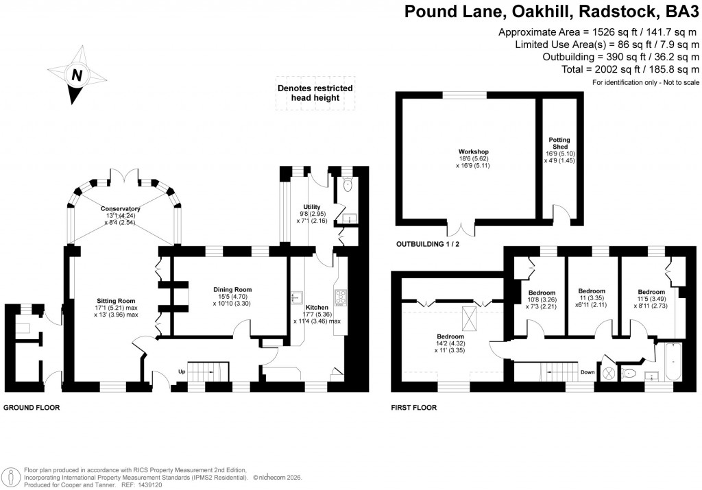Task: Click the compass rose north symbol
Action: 77,75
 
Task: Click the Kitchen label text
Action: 317,308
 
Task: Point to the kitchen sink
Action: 298,297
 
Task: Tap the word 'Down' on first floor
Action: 587,372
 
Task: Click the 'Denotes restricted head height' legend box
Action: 315,93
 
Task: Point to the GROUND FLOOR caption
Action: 32,407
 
